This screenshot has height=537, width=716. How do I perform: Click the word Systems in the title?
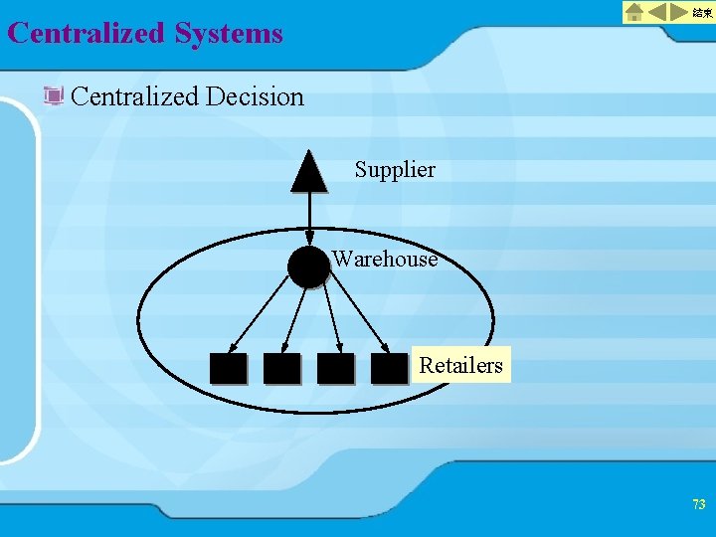click(x=229, y=34)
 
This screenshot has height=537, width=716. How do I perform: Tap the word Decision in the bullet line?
click(x=255, y=96)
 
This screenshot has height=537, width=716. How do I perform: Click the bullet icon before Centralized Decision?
click(x=54, y=96)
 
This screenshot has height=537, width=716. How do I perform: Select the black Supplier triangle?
click(x=308, y=173)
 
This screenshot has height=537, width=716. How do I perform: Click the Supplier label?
click(x=395, y=170)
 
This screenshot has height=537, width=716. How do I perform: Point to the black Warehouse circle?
click(x=308, y=267)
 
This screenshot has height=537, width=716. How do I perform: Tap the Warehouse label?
click(x=385, y=260)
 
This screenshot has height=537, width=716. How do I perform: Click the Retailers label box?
click(x=460, y=365)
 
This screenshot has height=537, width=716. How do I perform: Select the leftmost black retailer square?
click(x=228, y=369)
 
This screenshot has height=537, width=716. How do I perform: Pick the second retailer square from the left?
click(x=281, y=369)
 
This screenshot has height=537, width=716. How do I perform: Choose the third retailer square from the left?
click(x=335, y=369)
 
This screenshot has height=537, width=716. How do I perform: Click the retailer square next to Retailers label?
click(x=389, y=369)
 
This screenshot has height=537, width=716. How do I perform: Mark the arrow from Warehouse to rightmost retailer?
click(x=359, y=318)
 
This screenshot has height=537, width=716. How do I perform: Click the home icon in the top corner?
click(x=634, y=12)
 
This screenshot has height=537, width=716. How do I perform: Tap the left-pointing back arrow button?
click(x=659, y=12)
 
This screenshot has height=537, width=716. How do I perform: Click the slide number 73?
click(x=698, y=505)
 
